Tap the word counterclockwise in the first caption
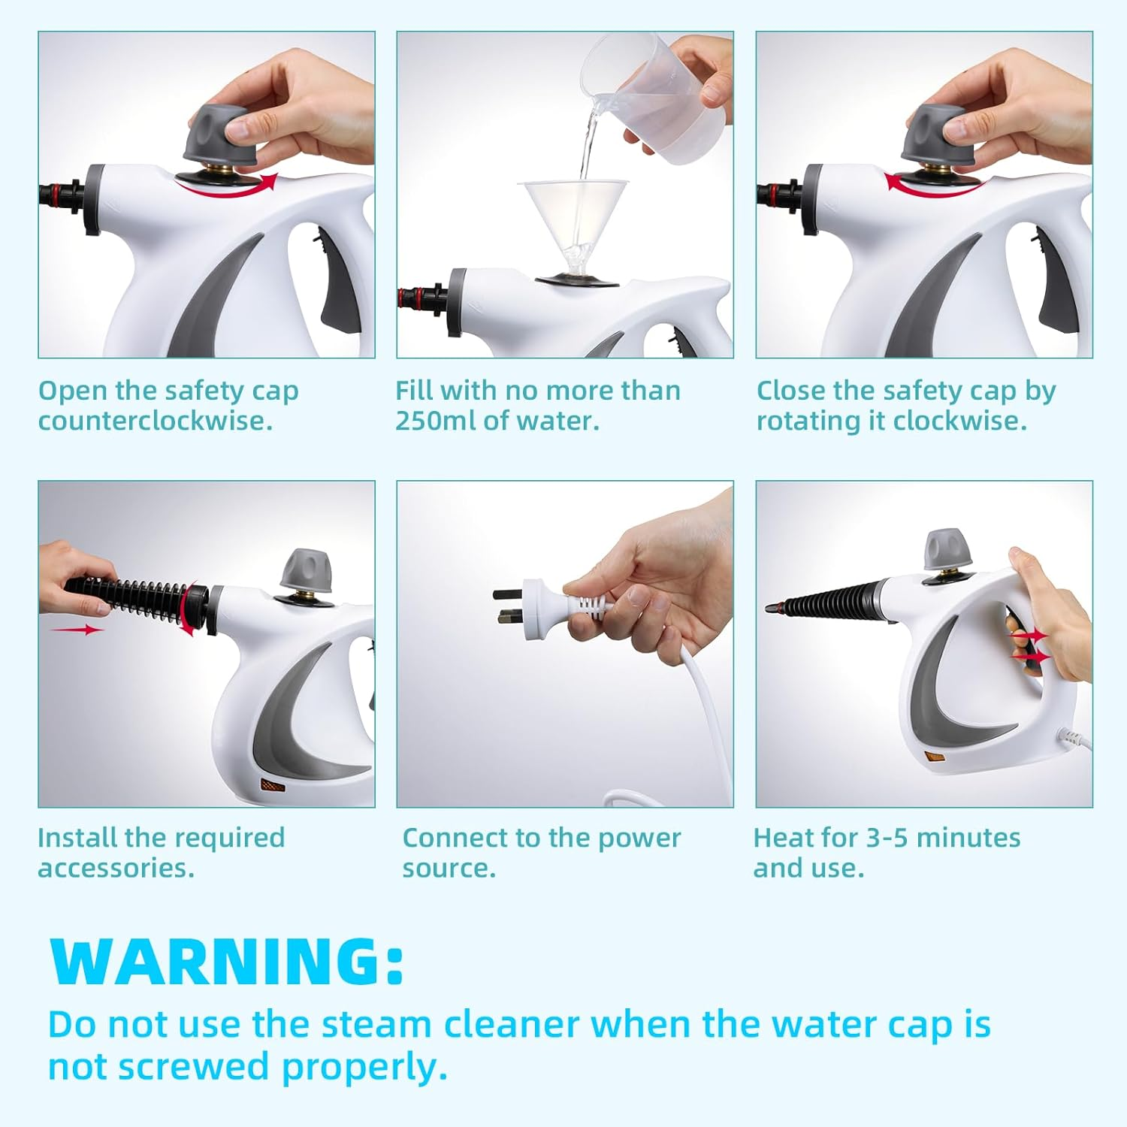[x=155, y=421]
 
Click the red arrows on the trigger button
[x=1031, y=646]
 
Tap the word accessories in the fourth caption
[x=116, y=869]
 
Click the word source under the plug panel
[x=449, y=869]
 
